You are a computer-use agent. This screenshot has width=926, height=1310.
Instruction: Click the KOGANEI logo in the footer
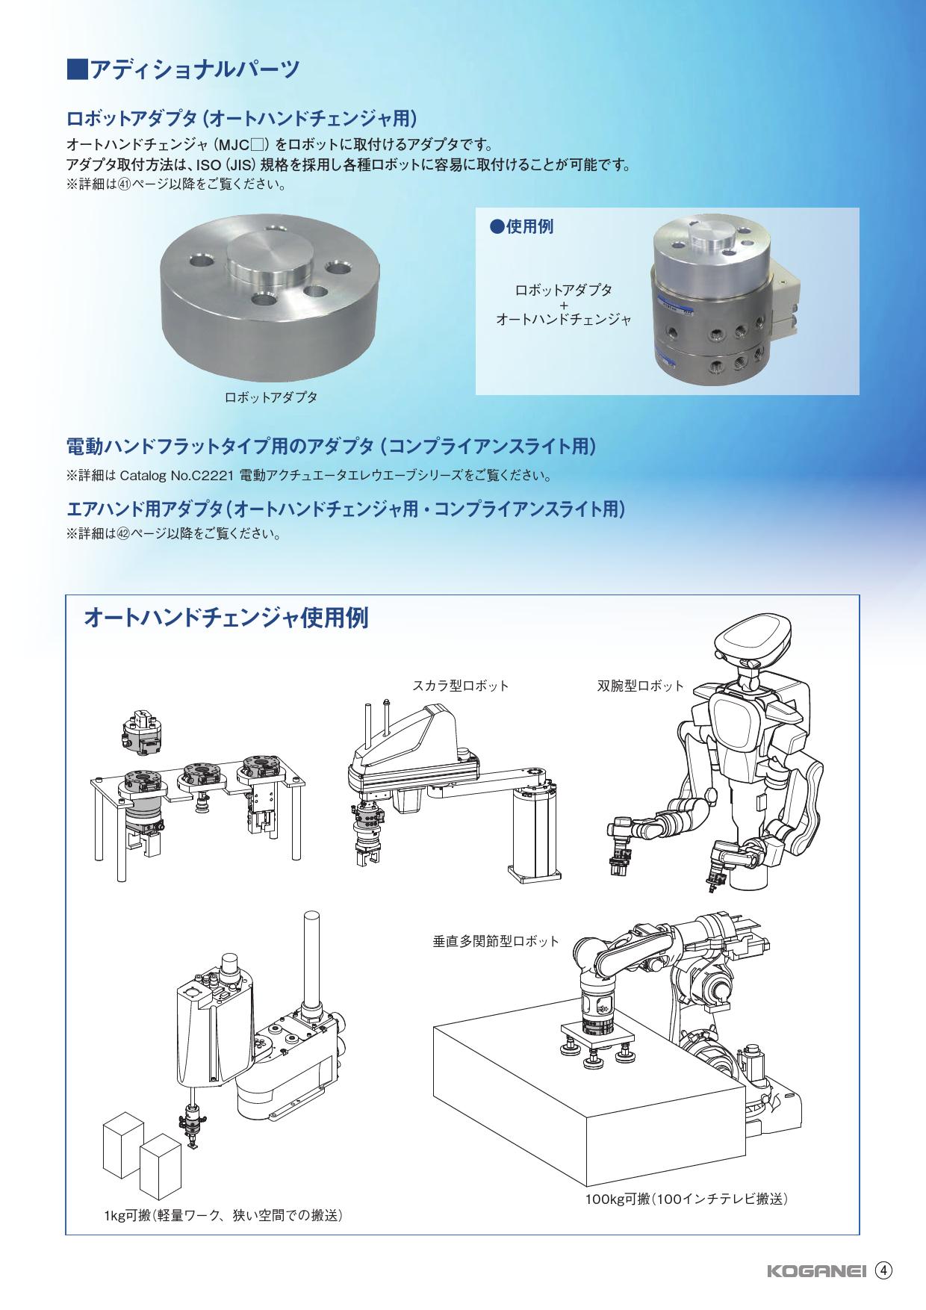point(816,1272)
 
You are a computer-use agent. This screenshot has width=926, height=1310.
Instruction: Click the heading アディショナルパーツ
point(194,69)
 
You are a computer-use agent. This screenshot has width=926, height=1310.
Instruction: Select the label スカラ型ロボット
point(461,685)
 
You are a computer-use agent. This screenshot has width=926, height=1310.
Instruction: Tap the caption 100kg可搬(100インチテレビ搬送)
point(687,1199)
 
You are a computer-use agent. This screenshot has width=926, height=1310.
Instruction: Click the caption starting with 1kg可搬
point(224,1215)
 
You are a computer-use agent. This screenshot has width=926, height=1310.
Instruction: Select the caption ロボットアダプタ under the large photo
point(271,397)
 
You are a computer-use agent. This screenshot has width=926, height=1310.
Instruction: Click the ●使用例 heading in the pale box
point(521,227)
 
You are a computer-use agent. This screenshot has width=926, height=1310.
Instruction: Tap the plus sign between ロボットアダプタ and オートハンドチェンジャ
point(564,305)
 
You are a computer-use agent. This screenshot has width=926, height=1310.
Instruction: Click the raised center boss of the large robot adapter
point(266,262)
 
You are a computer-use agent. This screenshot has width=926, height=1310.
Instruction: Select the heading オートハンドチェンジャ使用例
point(226,618)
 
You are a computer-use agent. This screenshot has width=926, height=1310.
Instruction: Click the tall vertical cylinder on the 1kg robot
point(309,959)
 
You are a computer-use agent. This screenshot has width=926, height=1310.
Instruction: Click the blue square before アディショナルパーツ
point(78,69)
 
